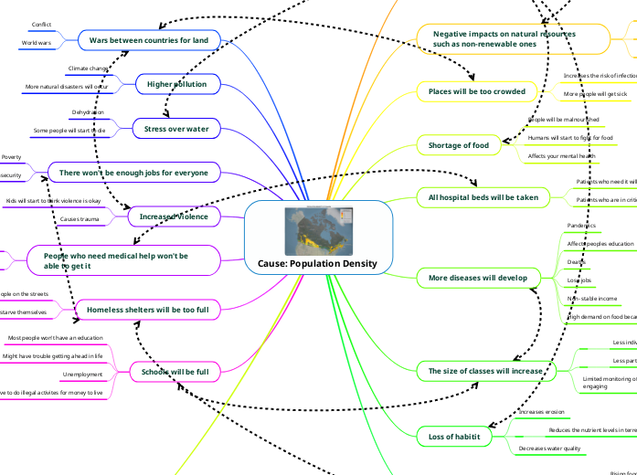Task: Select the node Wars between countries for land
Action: click(x=148, y=39)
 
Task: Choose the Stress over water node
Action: click(x=176, y=129)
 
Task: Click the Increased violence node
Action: click(x=174, y=216)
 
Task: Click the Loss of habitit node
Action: click(x=449, y=437)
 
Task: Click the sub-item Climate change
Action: click(x=89, y=69)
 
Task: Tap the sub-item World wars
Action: click(x=37, y=42)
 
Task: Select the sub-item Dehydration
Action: click(x=87, y=112)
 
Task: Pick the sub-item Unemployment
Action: click(x=82, y=375)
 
